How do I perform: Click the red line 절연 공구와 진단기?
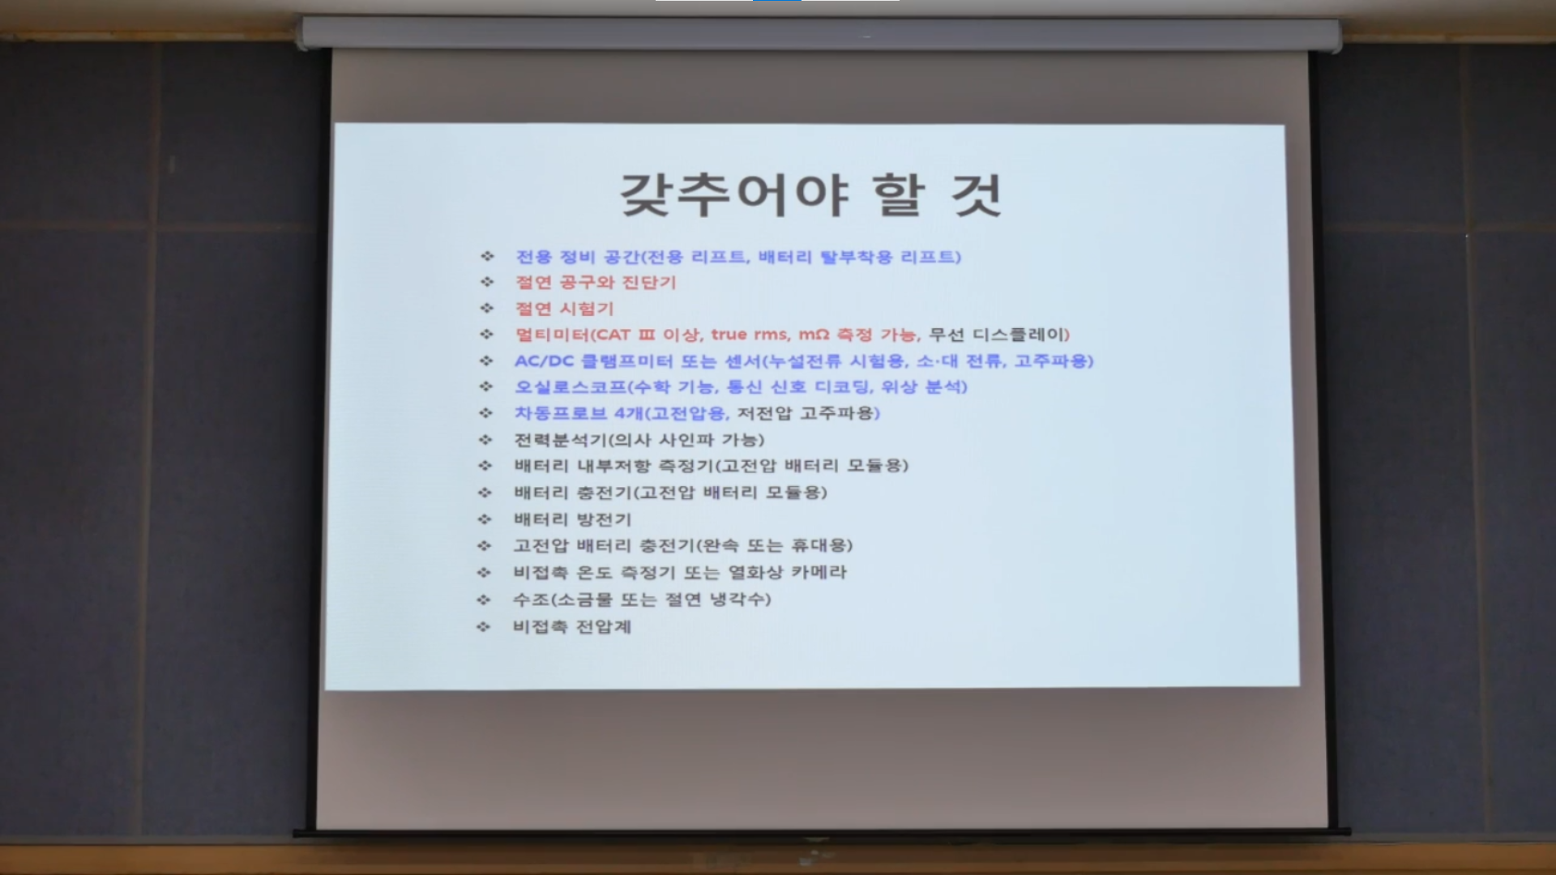[x=596, y=283]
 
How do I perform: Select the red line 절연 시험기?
[x=565, y=309]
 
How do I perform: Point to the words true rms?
[x=749, y=335]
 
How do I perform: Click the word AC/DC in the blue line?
[x=544, y=361]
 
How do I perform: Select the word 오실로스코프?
[x=571, y=387]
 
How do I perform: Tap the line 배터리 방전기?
[x=572, y=519]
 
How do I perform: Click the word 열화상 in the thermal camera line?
[x=755, y=572]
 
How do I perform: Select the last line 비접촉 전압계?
[x=571, y=626]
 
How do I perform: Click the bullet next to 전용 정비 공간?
[x=487, y=256]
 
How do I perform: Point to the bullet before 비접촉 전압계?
[x=484, y=626]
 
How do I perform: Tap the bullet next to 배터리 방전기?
[x=485, y=519]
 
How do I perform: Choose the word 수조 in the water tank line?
[x=532, y=600]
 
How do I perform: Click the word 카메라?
[x=819, y=572]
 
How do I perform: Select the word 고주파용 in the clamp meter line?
[x=1051, y=361]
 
